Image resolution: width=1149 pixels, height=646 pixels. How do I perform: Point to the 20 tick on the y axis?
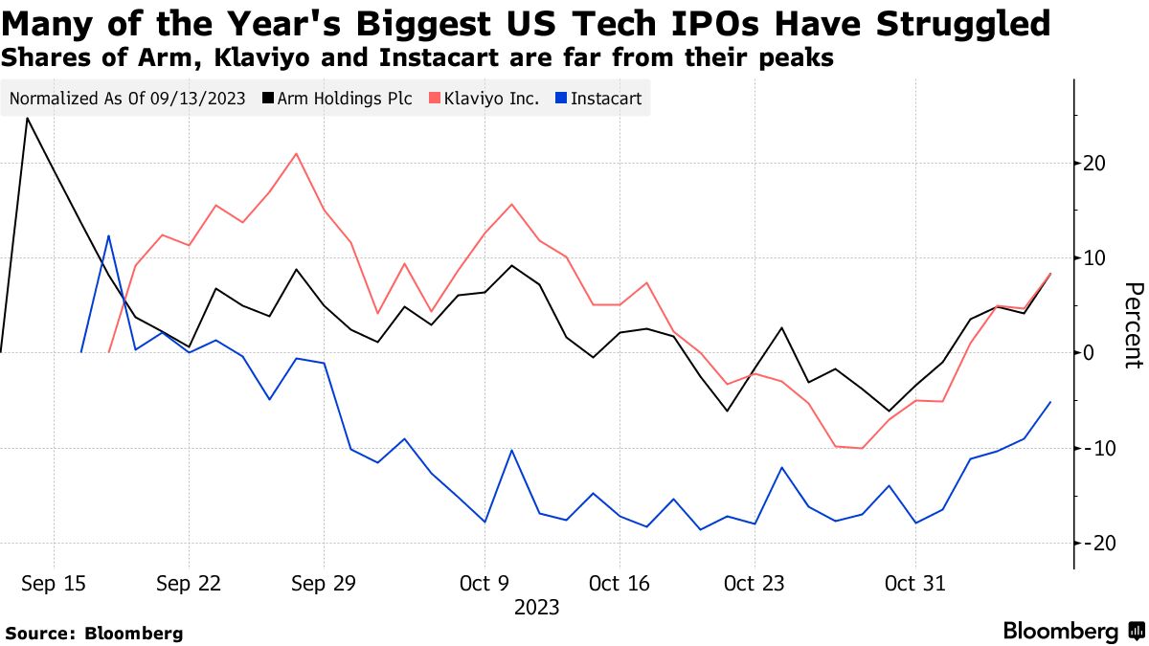point(1095,163)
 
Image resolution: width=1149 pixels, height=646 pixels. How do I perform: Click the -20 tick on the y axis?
point(1093,543)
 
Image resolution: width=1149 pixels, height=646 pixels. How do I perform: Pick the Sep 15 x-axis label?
point(53,583)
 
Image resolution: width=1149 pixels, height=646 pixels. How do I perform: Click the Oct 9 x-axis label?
point(484,583)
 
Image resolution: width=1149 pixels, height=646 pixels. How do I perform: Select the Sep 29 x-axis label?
point(324,583)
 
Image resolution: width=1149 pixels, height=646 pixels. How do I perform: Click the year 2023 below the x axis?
point(536,607)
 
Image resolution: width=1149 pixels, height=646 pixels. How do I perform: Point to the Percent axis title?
point(1133,325)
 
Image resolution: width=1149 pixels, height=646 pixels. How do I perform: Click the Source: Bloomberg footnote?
point(94,633)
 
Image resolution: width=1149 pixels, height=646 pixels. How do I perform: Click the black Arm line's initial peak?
point(27,119)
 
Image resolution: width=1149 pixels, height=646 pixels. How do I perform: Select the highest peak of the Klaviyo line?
point(297,153)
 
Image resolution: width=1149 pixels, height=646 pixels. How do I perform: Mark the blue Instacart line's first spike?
point(108,235)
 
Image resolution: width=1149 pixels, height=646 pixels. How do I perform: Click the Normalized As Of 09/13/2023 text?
point(127,99)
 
